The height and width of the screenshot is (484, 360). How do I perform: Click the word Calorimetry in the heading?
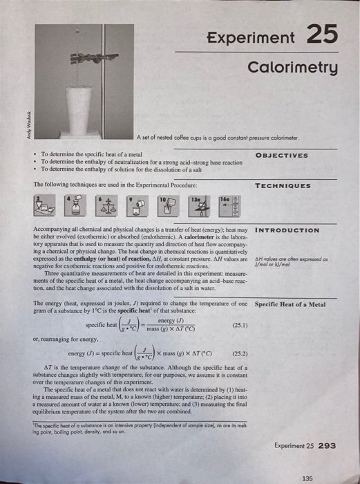tap(293, 68)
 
